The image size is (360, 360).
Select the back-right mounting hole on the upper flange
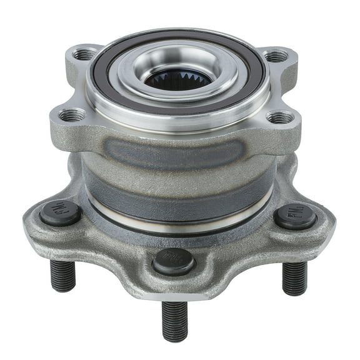point(275,57)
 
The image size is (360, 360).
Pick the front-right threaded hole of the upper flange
point(279,117)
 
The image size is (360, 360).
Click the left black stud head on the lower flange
point(60,212)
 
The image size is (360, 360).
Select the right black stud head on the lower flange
point(295,216)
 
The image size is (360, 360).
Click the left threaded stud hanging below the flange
point(62,275)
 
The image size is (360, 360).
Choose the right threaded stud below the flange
point(294,277)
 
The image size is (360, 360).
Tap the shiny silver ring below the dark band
point(181,212)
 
